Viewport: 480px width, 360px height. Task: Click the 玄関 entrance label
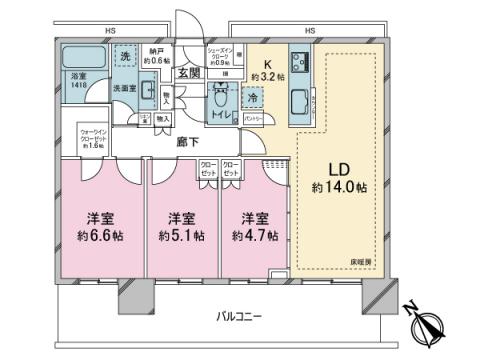pyautogui.click(x=188, y=72)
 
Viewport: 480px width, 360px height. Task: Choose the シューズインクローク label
pyautogui.click(x=221, y=53)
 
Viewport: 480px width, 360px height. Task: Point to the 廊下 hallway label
pyautogui.click(x=186, y=142)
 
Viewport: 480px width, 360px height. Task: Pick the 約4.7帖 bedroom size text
pyautogui.click(x=251, y=236)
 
